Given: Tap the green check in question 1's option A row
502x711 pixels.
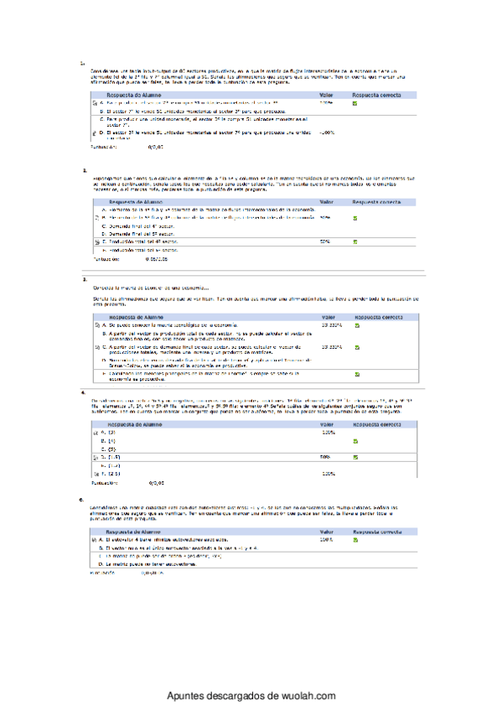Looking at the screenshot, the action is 355,103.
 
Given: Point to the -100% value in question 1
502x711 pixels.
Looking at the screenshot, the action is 327,132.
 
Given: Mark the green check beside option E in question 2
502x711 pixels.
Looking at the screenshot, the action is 355,241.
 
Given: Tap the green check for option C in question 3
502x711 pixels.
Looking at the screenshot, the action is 355,347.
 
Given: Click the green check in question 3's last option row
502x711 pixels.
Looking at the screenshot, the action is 355,373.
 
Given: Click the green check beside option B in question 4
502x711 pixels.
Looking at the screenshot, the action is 355,440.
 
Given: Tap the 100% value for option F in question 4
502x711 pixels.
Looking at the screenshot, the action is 328,474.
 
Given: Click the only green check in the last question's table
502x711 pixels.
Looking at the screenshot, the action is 355,540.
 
